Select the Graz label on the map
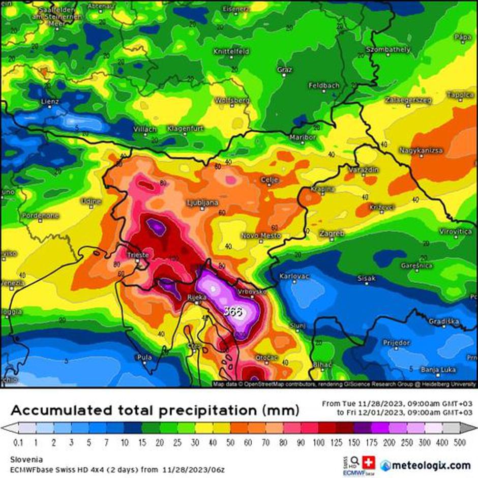(x=284, y=69)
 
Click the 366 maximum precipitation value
(x=232, y=311)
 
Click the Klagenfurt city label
(x=185, y=129)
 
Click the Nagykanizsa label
(x=421, y=151)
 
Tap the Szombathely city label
(x=388, y=50)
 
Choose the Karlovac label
(x=294, y=276)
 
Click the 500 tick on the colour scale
(x=460, y=443)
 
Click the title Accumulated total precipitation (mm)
(x=155, y=410)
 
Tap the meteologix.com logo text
(x=431, y=465)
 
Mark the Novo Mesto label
(x=260, y=236)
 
